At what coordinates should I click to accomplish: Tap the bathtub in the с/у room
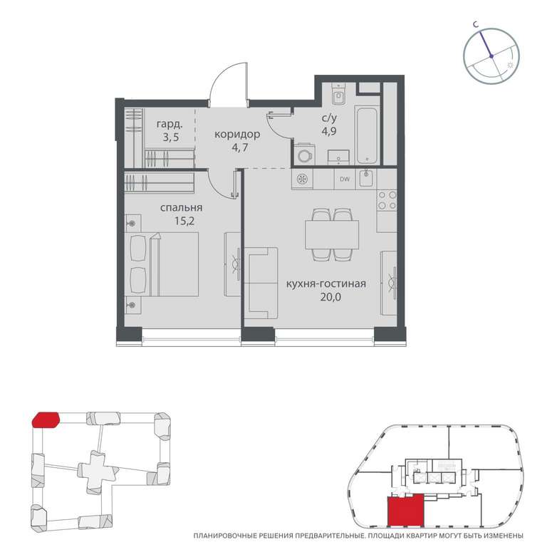click(x=367, y=135)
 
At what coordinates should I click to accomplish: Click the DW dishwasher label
click(x=345, y=179)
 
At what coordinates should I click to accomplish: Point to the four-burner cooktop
click(x=387, y=200)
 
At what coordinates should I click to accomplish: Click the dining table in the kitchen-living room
click(x=332, y=234)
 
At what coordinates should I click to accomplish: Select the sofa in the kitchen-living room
click(x=261, y=283)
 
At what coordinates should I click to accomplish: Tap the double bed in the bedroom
click(x=162, y=264)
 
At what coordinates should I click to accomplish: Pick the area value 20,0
click(x=330, y=297)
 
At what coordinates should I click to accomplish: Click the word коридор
click(x=237, y=135)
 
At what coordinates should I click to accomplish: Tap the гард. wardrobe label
click(x=170, y=124)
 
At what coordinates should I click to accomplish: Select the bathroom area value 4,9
click(x=329, y=132)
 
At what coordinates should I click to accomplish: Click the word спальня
click(x=182, y=208)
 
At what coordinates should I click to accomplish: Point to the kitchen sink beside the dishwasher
click(x=367, y=179)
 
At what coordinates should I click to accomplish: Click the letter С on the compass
click(x=475, y=24)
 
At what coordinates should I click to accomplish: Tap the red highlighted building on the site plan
click(x=46, y=420)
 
